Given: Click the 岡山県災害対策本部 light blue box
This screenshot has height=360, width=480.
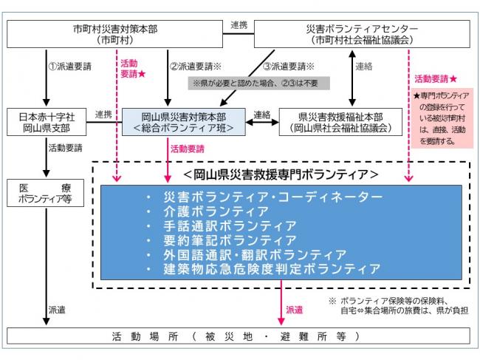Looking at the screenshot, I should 179,122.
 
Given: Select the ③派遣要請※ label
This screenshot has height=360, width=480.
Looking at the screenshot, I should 289,66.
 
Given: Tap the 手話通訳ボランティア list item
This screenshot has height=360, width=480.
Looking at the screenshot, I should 222,225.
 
